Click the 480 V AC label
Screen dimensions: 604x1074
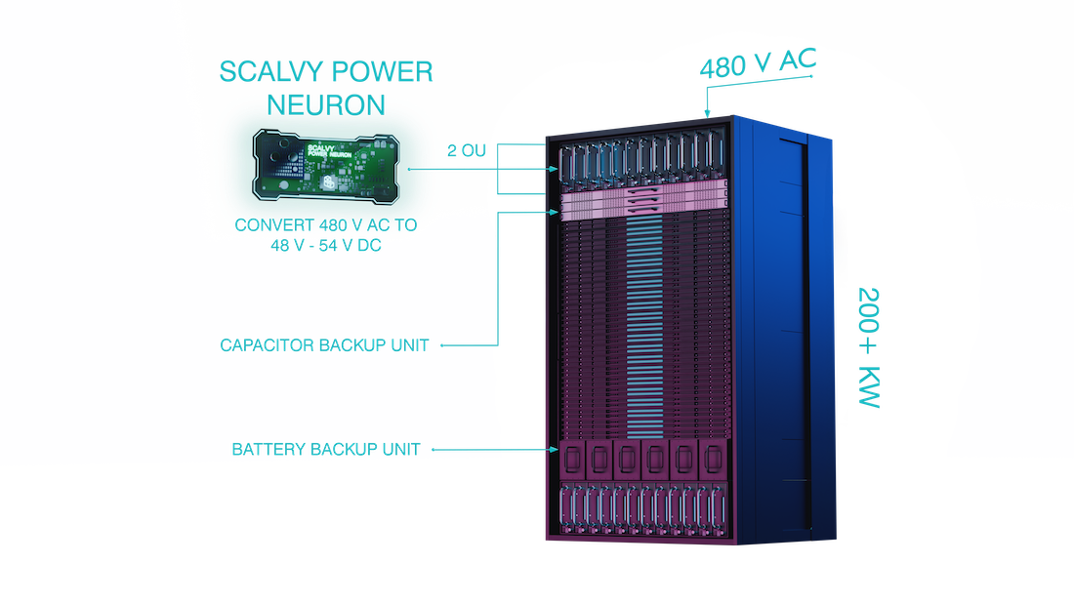(757, 66)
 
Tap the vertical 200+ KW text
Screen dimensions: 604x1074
(869, 348)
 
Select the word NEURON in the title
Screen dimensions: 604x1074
(326, 101)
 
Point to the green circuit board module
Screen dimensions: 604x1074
(326, 168)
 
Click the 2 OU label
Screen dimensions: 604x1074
(466, 151)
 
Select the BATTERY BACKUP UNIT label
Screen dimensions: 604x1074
(326, 450)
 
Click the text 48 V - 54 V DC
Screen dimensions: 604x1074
(326, 245)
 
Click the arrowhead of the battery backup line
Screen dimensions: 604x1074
(554, 450)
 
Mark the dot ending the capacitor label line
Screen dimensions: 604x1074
(441, 344)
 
